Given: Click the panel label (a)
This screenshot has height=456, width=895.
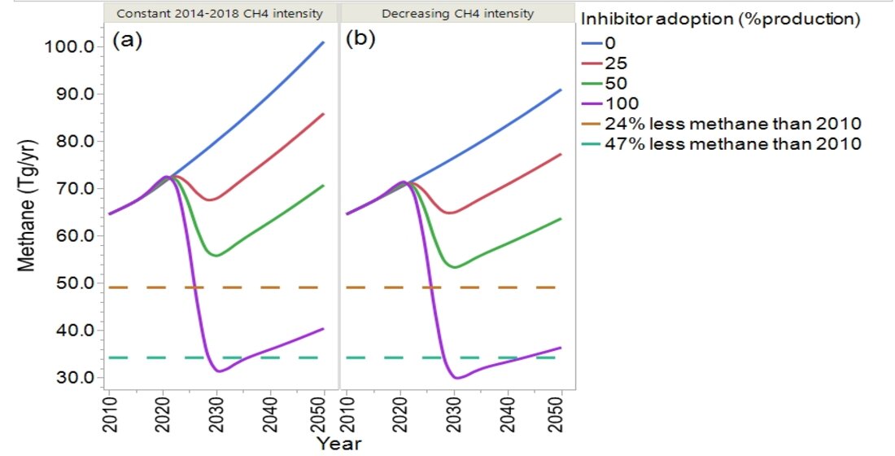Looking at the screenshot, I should [x=127, y=39].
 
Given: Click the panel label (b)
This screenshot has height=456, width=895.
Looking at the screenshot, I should [x=360, y=39].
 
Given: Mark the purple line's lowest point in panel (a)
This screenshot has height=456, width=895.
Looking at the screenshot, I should [x=218, y=371].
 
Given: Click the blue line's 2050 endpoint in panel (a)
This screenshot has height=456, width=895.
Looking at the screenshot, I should [x=324, y=42].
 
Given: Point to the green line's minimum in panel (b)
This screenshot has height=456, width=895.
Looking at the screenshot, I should [x=455, y=267].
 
